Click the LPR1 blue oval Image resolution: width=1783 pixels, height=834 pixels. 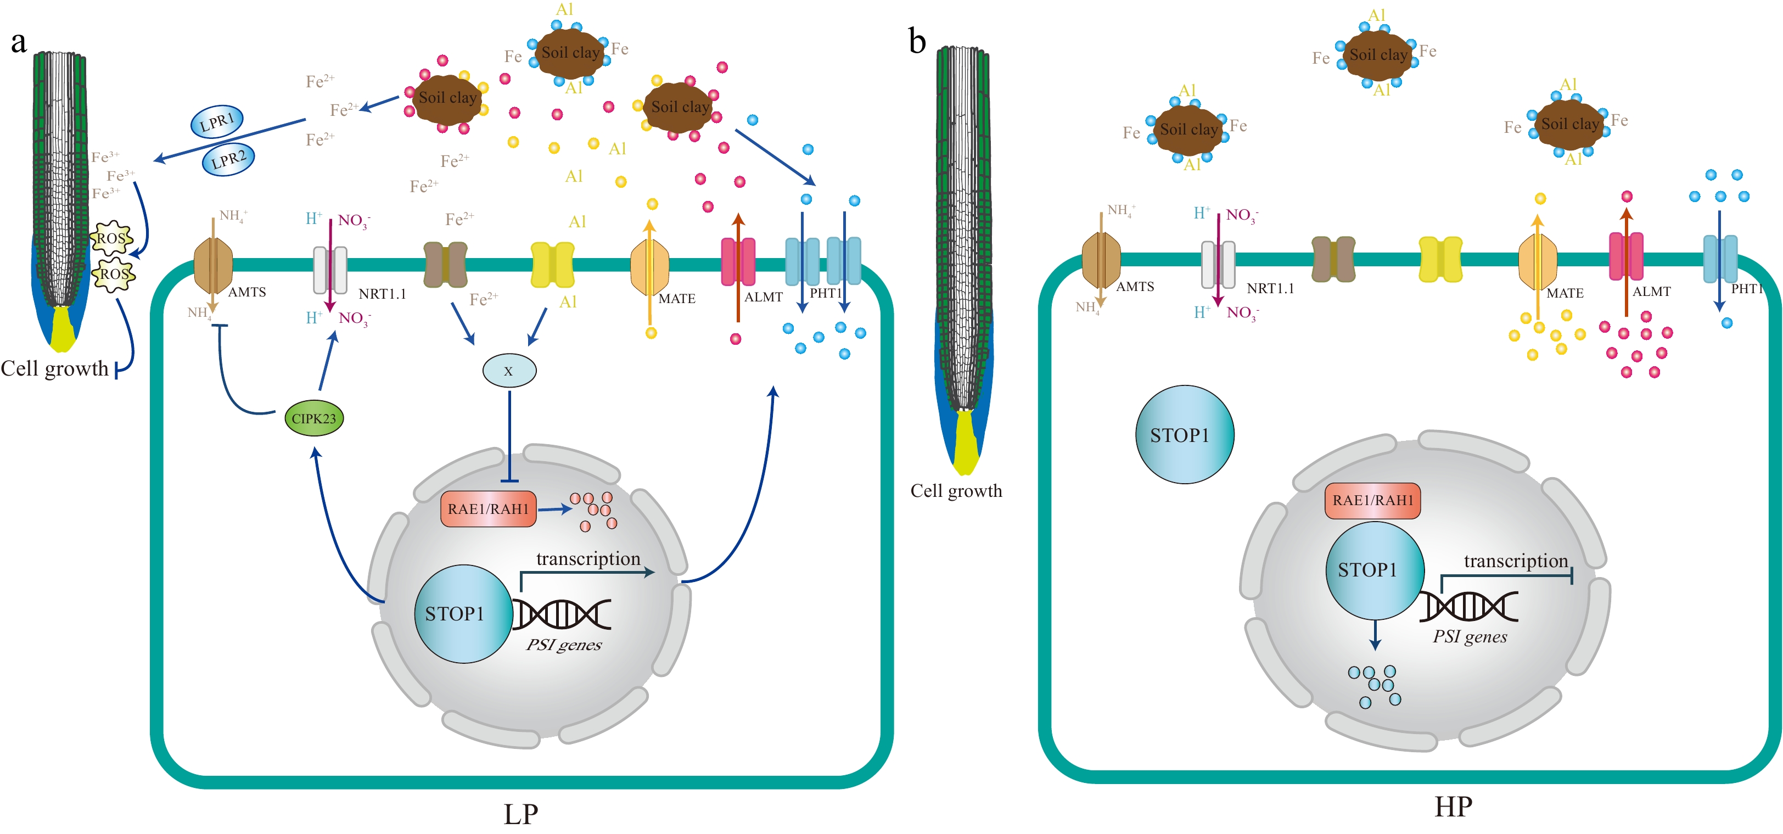click(x=217, y=122)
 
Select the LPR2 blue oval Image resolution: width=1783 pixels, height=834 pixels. click(x=228, y=159)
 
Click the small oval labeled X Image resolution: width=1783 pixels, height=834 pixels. click(x=509, y=370)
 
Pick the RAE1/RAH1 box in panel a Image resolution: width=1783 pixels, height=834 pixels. click(x=488, y=509)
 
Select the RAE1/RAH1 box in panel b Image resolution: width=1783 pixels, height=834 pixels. click(x=1372, y=500)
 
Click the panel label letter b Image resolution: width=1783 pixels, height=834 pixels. click(x=917, y=43)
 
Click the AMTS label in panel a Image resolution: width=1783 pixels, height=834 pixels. click(x=247, y=292)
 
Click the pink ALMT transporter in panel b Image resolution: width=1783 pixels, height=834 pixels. click(x=1626, y=256)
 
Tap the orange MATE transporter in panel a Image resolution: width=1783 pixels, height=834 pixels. click(x=649, y=266)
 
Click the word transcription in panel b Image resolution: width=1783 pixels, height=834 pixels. click(x=1515, y=561)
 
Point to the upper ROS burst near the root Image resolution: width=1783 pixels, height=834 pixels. click(x=111, y=239)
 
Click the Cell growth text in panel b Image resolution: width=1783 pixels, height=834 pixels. click(x=956, y=491)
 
